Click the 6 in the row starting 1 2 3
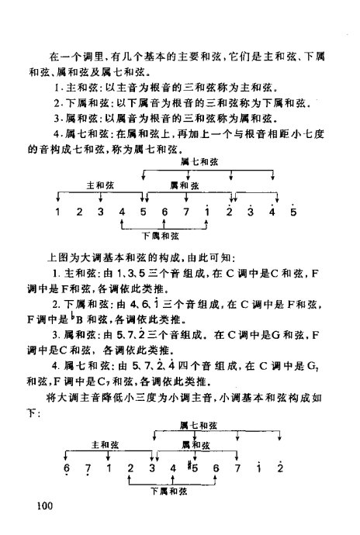164,212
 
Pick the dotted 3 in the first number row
250,211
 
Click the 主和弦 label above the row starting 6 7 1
102,445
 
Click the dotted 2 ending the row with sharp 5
279,468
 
